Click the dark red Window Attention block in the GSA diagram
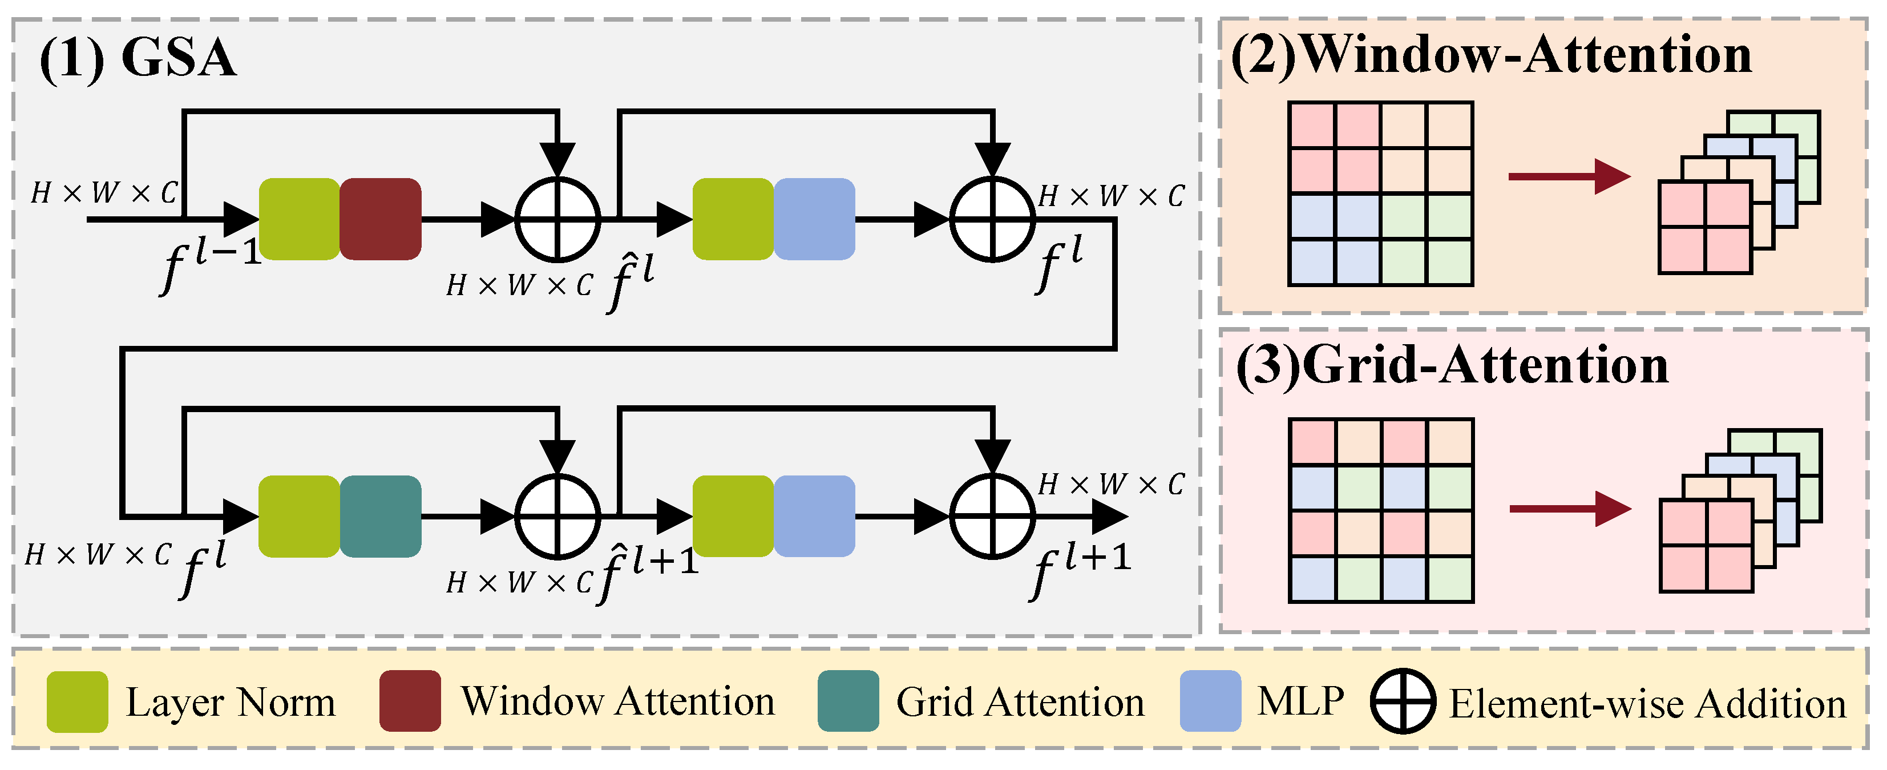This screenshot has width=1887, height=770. (380, 219)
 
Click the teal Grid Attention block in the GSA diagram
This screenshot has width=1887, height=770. (380, 517)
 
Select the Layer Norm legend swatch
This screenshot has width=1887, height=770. (77, 701)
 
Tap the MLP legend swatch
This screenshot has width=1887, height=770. (1210, 701)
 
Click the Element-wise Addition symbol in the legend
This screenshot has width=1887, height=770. (1402, 701)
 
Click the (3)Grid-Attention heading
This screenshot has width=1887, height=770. (1452, 365)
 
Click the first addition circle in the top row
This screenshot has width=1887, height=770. (557, 218)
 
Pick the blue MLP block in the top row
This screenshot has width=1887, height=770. (814, 219)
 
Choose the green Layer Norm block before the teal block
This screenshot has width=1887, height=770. (299, 517)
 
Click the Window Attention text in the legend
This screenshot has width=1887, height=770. (617, 701)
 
